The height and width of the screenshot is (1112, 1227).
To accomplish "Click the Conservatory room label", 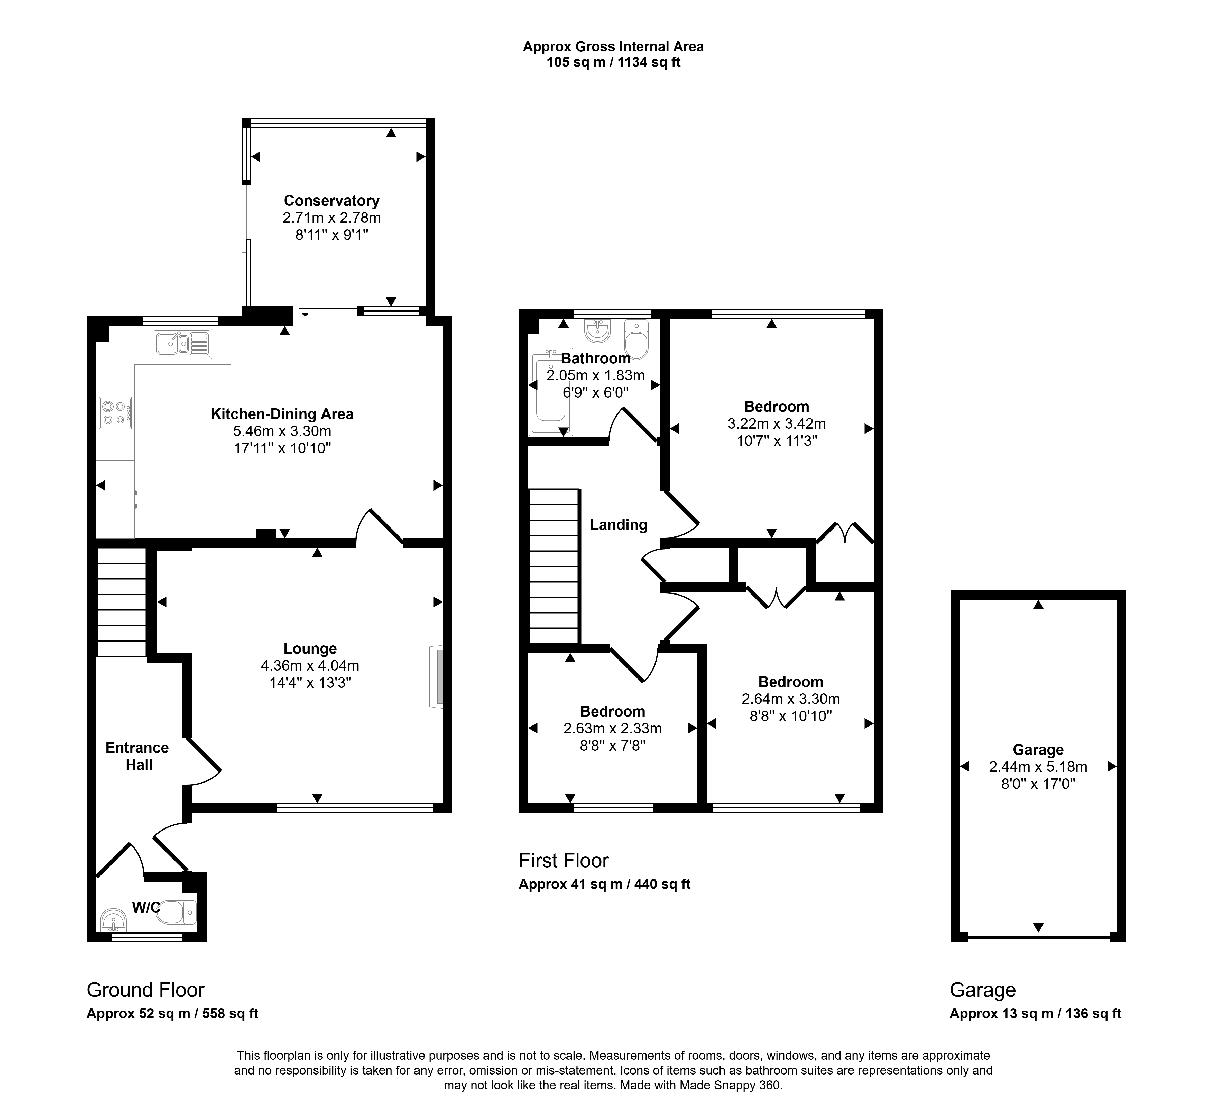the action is click(x=332, y=201).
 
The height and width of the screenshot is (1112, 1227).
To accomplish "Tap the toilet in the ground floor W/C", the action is click(x=177, y=912).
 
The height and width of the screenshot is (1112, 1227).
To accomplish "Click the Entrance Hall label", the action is click(x=137, y=756).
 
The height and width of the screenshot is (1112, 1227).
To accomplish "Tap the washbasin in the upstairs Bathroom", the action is click(x=598, y=330).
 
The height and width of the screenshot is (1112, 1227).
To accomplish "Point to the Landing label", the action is click(x=618, y=524).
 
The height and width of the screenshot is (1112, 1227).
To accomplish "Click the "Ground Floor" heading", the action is click(x=145, y=990).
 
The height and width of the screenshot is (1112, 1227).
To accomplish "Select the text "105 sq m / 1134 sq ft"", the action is click(x=614, y=62).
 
